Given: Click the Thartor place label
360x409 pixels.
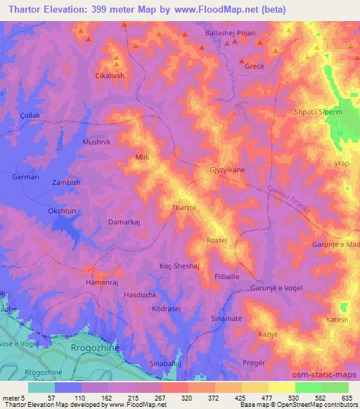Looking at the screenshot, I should [x=184, y=208].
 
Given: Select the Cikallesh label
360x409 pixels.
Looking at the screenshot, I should [x=110, y=74].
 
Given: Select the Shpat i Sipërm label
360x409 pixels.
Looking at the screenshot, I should [x=316, y=112].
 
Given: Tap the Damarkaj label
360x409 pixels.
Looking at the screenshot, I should [x=125, y=222].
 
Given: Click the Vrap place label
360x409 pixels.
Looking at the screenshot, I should [x=342, y=163].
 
